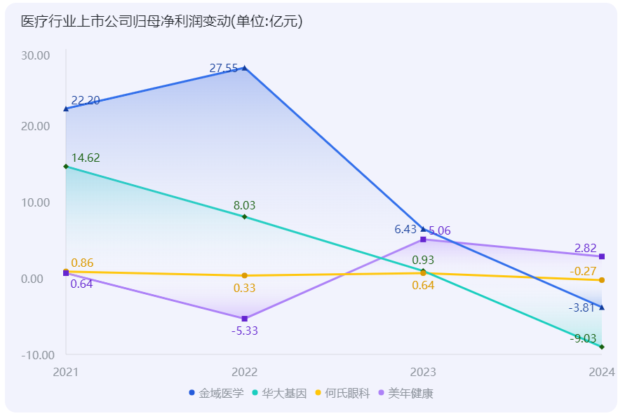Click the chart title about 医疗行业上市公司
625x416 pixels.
(x=162, y=22)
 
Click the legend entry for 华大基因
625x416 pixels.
(x=279, y=394)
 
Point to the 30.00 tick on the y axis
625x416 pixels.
(x=36, y=55)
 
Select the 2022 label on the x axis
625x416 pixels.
(x=244, y=371)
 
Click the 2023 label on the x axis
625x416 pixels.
(x=423, y=371)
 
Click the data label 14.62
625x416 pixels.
(x=86, y=158)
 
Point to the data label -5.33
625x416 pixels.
(x=245, y=331)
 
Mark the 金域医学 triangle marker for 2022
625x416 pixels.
(x=244, y=68)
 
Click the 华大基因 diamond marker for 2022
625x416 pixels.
(x=244, y=217)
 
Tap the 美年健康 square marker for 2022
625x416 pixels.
(x=244, y=319)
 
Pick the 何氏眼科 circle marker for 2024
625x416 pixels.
(x=602, y=280)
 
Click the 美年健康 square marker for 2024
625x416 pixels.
(x=602, y=256)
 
